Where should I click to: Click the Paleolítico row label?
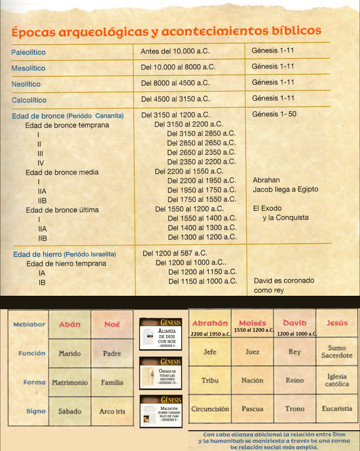(28, 52)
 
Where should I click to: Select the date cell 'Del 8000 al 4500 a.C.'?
(175, 83)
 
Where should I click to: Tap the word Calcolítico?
(29, 100)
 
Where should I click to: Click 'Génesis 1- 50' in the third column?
(274, 114)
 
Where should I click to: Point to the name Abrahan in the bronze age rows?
(266, 180)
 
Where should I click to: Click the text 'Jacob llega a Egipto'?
(285, 190)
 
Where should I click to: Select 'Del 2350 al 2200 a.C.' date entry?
(202, 162)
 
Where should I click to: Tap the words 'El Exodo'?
(267, 208)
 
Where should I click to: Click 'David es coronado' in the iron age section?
(284, 280)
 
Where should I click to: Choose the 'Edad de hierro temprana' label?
(66, 264)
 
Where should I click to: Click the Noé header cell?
(112, 324)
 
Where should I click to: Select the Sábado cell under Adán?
(70, 411)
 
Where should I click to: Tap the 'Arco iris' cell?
(112, 411)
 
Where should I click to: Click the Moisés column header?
(252, 323)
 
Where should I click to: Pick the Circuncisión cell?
(210, 409)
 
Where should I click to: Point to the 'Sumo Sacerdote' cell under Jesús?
(337, 351)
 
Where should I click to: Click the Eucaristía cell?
(337, 409)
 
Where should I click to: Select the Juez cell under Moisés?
(252, 352)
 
